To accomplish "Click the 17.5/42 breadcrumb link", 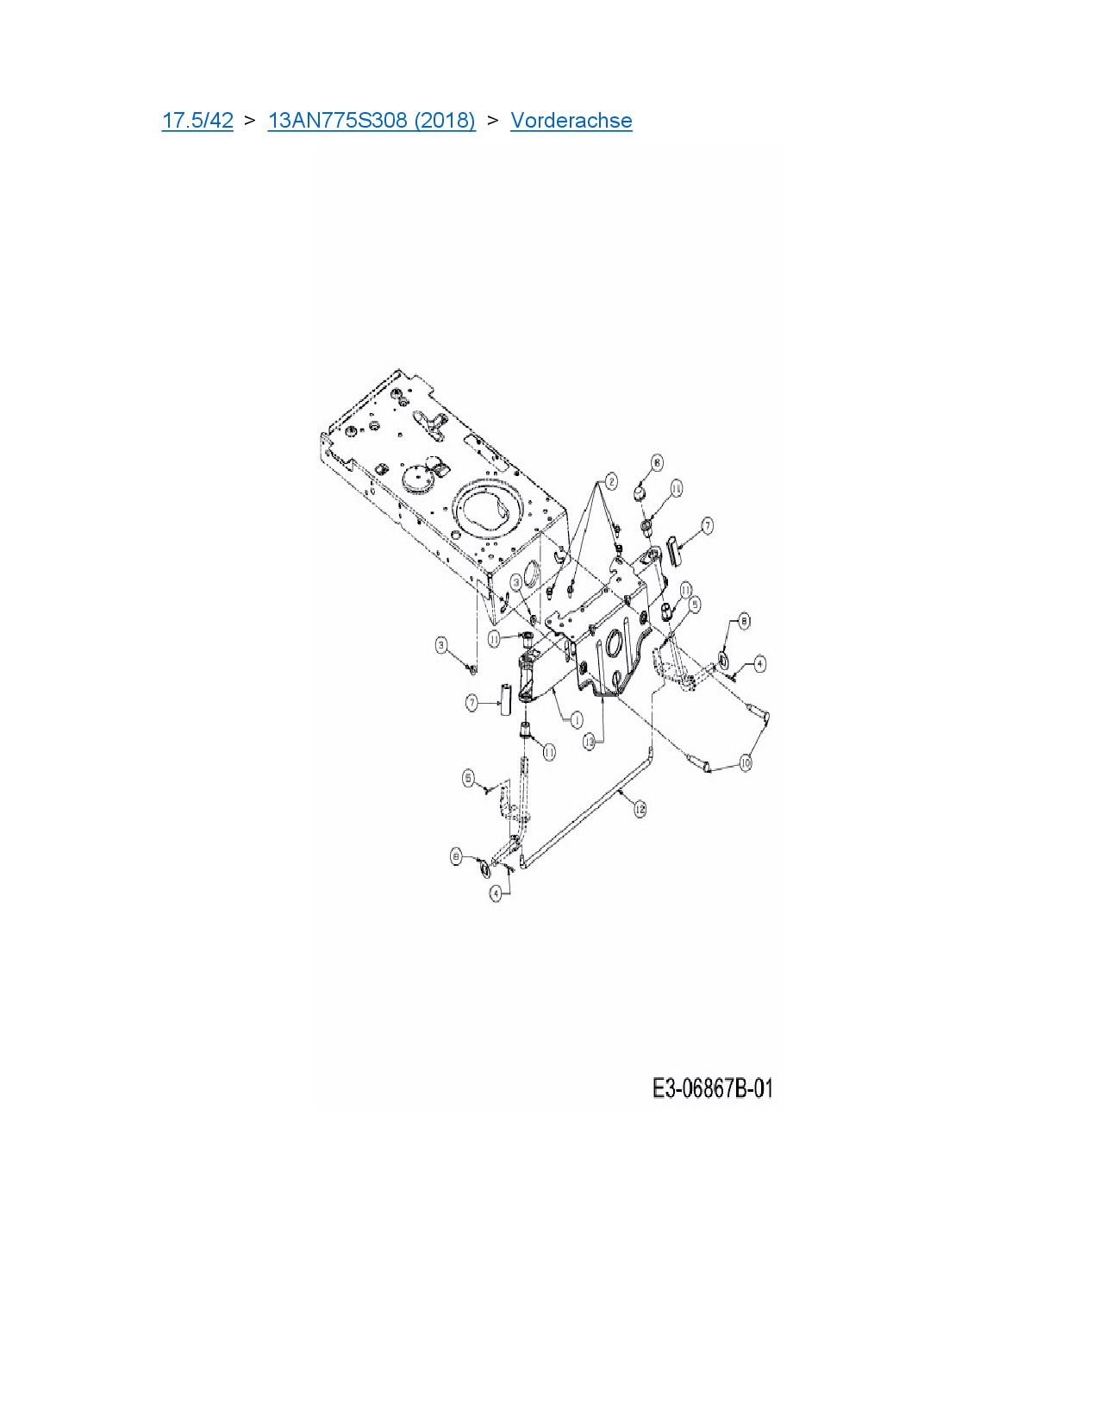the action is [197, 120].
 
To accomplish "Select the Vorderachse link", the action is [571, 120].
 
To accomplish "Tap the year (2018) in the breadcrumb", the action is [445, 120].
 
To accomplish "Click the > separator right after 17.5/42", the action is [250, 120].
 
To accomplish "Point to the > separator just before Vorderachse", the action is [493, 120].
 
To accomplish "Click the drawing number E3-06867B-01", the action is [712, 1088].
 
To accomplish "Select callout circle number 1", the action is [577, 719].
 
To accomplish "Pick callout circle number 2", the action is [610, 481].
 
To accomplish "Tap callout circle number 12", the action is [640, 809].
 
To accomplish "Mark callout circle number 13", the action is [590, 741].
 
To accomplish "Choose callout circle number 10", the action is [746, 762].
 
